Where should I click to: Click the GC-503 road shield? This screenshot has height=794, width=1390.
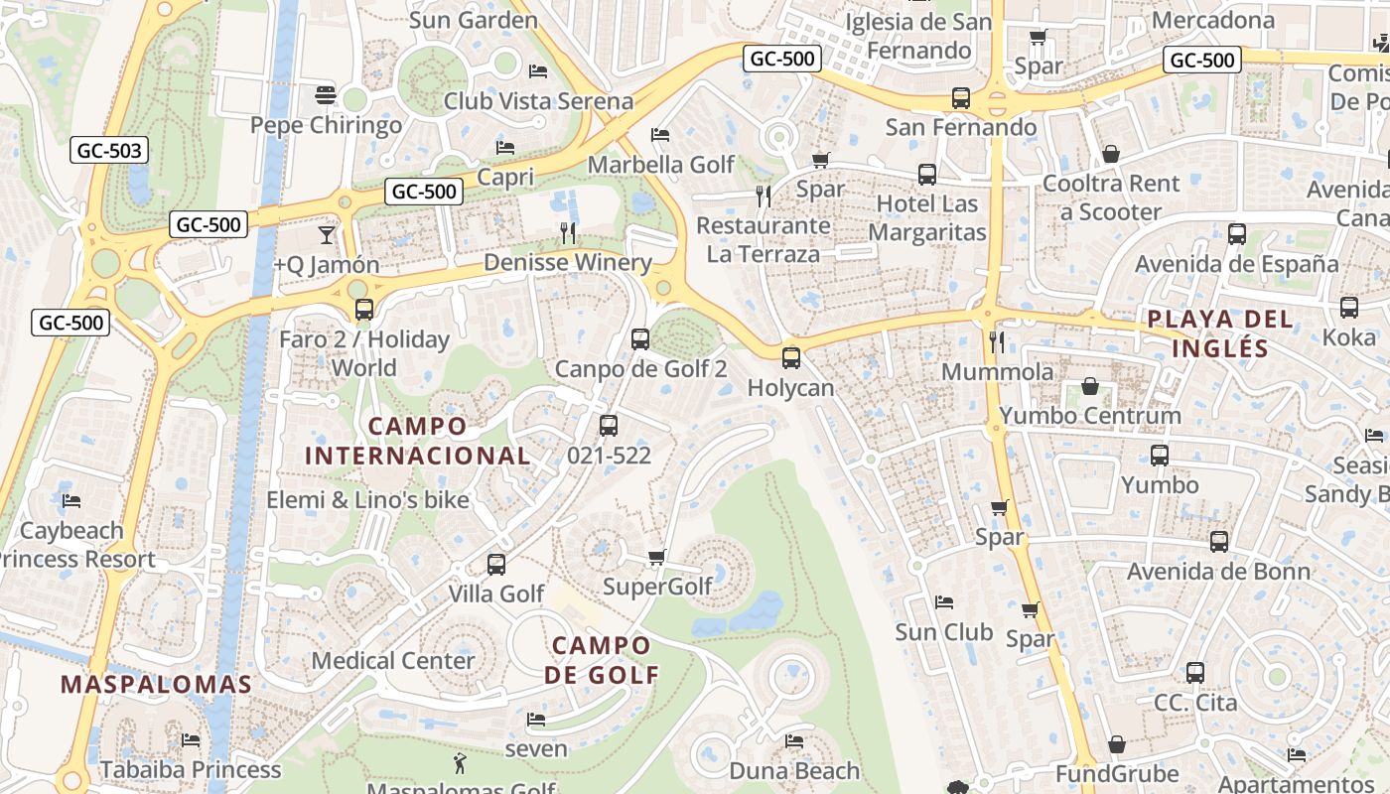109,151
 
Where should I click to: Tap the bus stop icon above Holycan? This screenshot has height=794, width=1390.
790,358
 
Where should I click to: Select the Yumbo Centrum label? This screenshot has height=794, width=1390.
1090,415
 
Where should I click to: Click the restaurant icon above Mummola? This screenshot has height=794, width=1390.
997,342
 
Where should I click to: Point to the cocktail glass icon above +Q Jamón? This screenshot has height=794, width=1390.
326,235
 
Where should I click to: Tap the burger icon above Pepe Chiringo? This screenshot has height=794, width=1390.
326,95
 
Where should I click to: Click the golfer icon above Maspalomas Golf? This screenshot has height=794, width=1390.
459,762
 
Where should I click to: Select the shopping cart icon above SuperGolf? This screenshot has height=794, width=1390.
656,557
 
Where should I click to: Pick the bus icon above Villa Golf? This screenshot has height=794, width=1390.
496,565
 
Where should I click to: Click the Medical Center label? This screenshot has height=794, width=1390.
393,660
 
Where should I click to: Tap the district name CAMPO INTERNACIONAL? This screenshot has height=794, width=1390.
417,441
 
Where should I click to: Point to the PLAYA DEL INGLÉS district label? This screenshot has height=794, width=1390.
1220,333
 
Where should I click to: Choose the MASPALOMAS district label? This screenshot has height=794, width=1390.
156,684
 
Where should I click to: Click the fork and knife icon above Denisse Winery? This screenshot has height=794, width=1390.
568,233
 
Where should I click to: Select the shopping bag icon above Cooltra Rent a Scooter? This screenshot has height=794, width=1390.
1110,154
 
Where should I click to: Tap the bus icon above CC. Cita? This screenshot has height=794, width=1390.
1195,673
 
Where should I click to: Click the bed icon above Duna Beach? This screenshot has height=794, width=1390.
794,740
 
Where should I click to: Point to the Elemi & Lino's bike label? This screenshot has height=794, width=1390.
367,499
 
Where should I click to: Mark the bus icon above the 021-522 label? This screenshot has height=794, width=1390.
609,426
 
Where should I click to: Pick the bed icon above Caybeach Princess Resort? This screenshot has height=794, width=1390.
71,500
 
